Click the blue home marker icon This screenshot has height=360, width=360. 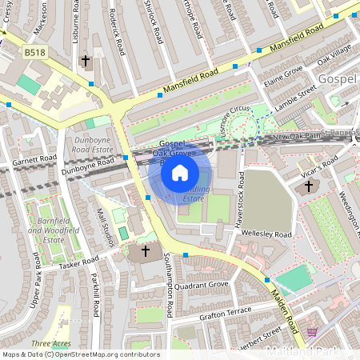click(180, 172)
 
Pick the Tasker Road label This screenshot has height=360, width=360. click(78, 262)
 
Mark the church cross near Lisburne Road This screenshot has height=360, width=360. click(86, 61)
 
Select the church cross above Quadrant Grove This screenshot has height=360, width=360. click(145, 251)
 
